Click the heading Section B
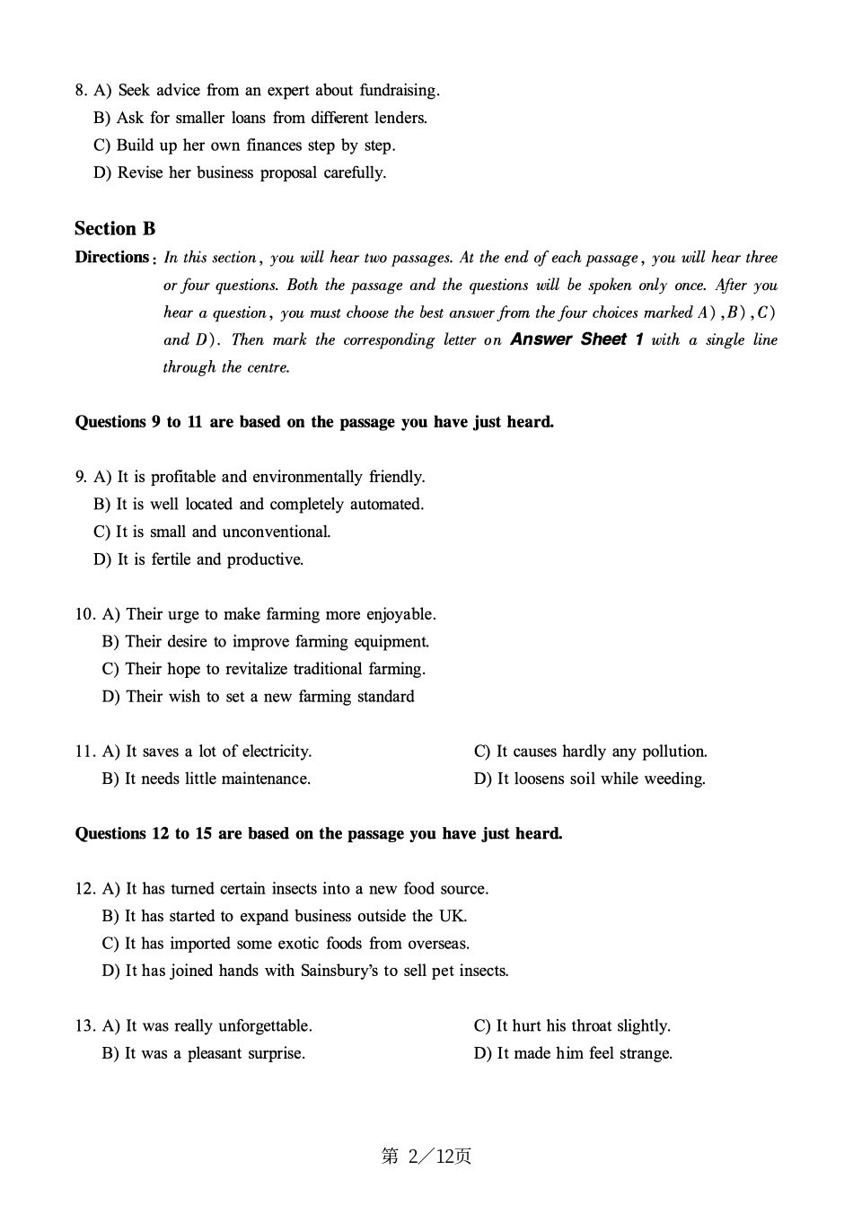[x=115, y=229]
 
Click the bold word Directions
[x=112, y=258]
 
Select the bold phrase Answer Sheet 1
[x=576, y=339]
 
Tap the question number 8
[x=80, y=91]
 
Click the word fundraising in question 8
[x=399, y=91]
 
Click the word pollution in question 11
[x=669, y=752]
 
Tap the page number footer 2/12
[x=426, y=1157]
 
